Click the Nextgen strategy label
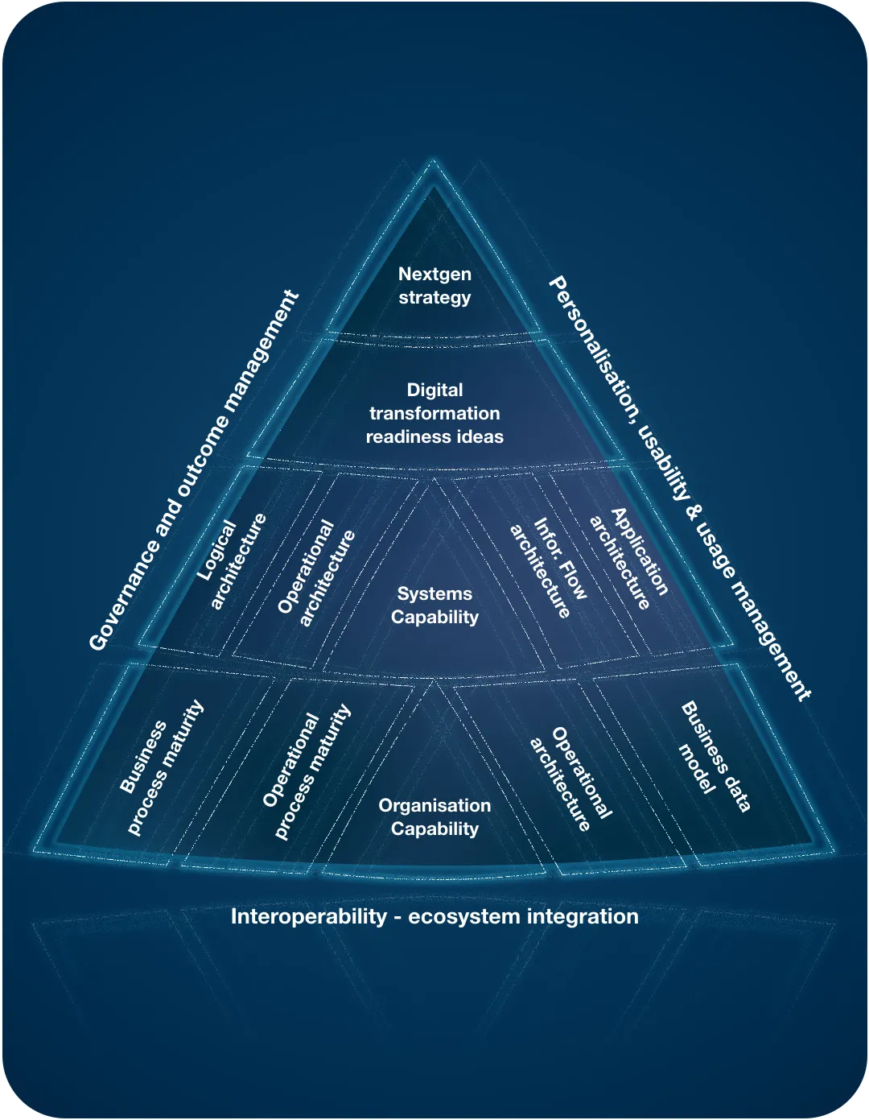[434, 286]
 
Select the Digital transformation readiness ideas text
[434, 413]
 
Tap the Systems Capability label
[434, 605]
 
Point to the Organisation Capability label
[434, 817]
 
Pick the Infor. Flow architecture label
[550, 568]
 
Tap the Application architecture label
[629, 558]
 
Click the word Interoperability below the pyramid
[308, 917]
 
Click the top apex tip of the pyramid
[433, 163]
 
